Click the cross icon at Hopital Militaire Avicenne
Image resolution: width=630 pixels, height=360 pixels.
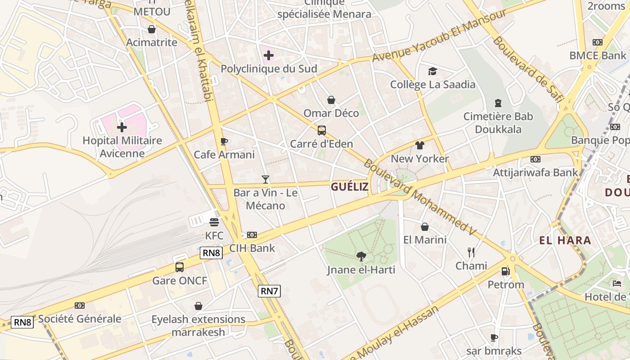pos(122,127)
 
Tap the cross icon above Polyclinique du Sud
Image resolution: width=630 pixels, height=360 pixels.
pos(269,56)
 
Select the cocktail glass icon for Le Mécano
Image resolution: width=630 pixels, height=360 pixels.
pos(265,180)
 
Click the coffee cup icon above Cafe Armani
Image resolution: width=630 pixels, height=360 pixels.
pos(224,142)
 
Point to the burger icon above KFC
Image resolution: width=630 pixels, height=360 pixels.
pos(214,222)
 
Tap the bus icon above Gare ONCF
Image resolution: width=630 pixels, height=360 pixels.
pos(180,267)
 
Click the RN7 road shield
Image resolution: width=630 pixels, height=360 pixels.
pos(270,291)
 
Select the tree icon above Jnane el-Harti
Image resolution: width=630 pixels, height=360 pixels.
pos(361,256)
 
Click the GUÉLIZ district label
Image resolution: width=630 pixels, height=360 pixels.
pos(350,187)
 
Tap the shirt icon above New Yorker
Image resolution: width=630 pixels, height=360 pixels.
pos(420,145)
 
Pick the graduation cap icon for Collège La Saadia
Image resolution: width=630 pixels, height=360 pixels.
pos(432,71)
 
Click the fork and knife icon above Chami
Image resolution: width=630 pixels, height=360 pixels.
pos(471,252)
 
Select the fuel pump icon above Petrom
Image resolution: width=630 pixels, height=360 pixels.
pos(506,271)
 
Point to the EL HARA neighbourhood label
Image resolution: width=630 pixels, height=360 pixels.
pos(565,240)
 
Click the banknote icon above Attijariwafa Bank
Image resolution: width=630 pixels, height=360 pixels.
pos(535,159)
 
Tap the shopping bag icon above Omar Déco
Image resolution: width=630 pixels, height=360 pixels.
pos(331,100)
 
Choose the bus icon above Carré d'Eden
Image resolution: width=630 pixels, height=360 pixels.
pos(321,130)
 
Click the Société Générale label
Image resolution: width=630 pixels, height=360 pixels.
pos(80,319)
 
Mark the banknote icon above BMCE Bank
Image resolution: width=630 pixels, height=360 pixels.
pos(598,42)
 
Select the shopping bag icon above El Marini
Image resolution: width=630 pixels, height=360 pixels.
pos(425,227)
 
